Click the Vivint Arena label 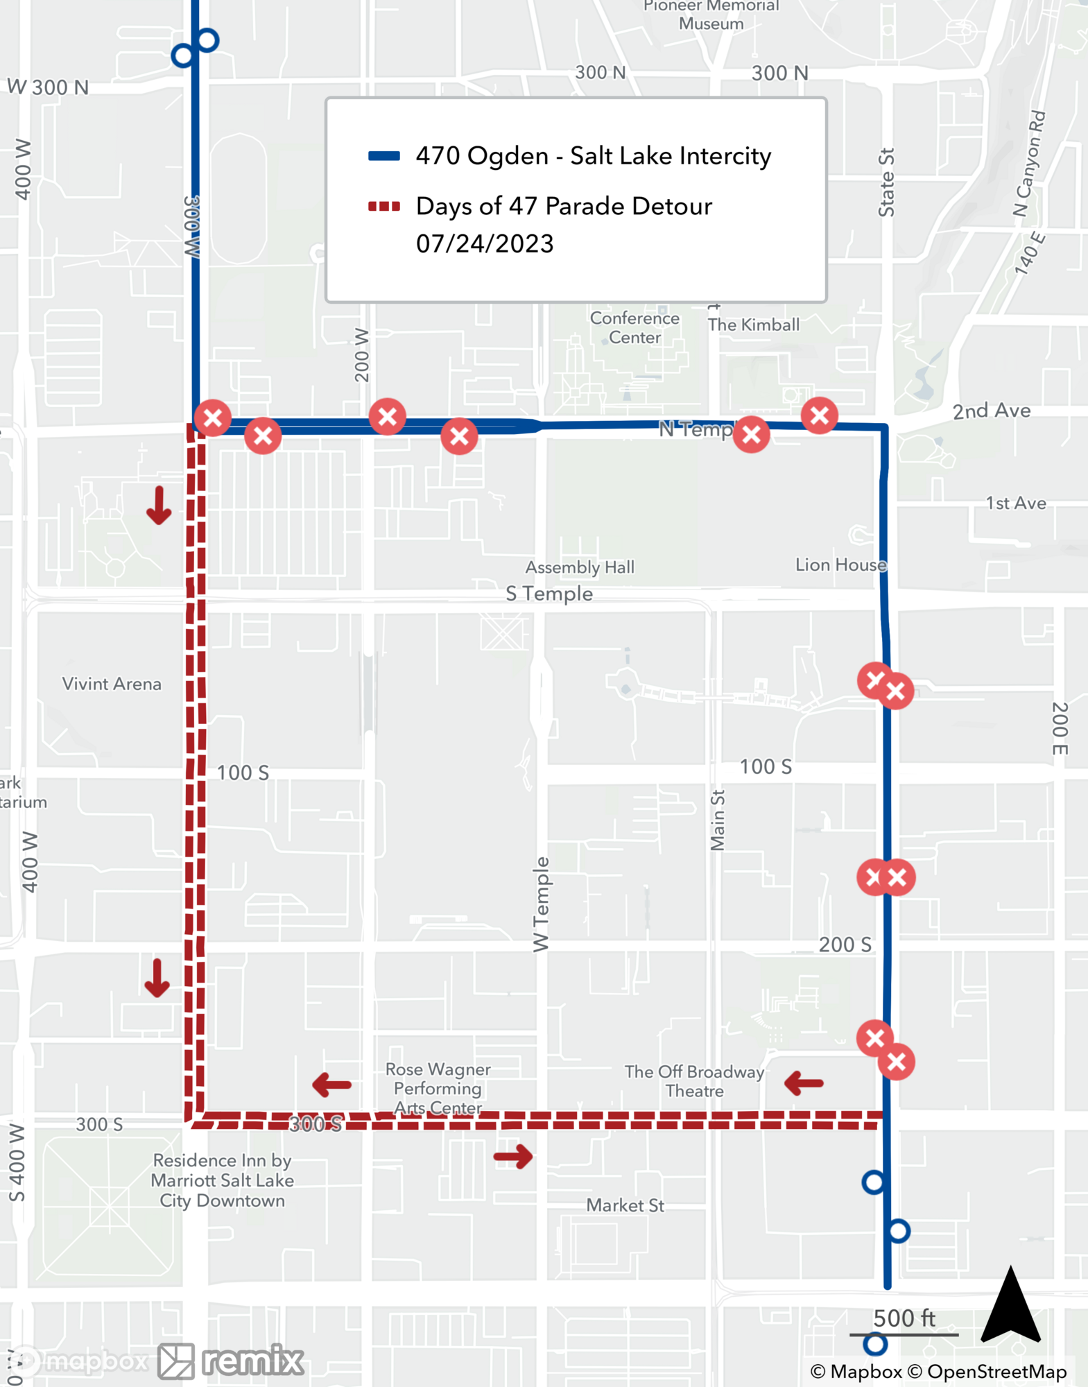point(112,684)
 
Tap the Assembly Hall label point(580,567)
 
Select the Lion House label point(840,565)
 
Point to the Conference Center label point(634,327)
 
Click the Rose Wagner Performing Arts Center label point(438,1088)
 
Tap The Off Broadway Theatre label point(694,1081)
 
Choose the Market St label point(625,1205)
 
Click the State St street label point(886,182)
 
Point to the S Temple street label point(549,594)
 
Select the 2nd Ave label point(991,411)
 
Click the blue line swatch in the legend point(384,156)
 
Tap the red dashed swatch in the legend point(384,206)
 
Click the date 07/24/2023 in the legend point(485,244)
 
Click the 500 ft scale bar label point(904,1318)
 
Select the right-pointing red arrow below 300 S point(513,1156)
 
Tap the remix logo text point(253,1360)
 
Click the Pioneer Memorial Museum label point(711,15)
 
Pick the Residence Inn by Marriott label point(222,1180)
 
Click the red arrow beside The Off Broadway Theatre point(804,1083)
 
